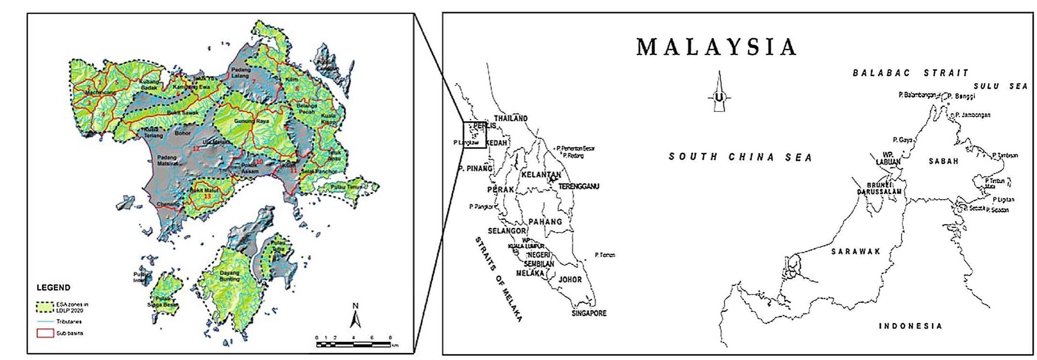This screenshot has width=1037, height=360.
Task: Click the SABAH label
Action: (943, 161)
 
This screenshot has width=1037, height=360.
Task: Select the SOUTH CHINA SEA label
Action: (740, 157)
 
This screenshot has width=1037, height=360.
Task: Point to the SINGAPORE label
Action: (589, 313)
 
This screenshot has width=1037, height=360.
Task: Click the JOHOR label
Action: (570, 280)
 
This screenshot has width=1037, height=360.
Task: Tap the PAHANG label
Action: (545, 222)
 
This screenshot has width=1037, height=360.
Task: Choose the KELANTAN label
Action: (541, 175)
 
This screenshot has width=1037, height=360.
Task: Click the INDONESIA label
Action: (910, 326)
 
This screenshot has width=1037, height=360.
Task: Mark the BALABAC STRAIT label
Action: (910, 73)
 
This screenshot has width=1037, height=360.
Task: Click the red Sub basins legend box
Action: (45, 333)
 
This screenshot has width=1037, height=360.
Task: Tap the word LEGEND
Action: (53, 288)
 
